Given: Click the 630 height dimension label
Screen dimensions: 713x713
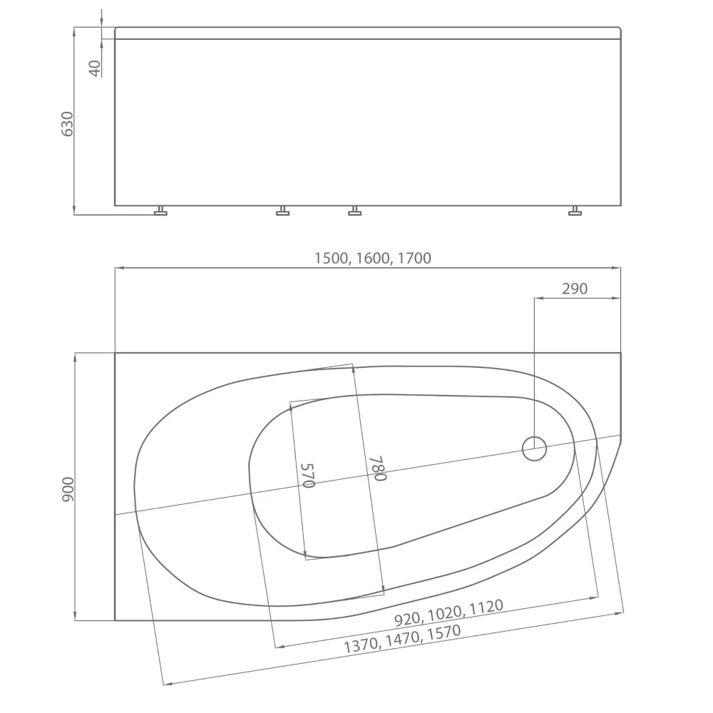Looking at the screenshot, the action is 67,123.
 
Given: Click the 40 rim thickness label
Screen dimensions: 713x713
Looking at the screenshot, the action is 95,68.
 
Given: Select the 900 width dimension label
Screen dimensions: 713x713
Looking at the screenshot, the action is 68,489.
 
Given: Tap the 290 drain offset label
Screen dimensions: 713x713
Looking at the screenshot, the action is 574,288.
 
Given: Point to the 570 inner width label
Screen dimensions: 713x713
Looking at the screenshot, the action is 308,475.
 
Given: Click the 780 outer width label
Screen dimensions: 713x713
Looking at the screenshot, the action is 377,468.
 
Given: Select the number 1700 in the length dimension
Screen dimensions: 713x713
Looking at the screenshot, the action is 414,258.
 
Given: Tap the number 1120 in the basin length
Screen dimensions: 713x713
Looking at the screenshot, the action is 486,606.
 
